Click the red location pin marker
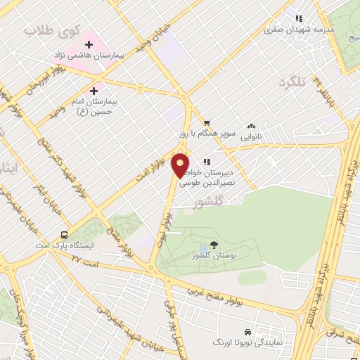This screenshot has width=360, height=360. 181,165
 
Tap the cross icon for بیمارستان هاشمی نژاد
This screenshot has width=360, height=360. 89,44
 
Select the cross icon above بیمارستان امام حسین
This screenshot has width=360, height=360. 94,91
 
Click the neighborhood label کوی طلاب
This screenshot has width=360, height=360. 44,30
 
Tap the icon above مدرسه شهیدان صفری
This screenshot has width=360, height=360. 298,19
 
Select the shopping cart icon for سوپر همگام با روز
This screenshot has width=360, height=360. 206,122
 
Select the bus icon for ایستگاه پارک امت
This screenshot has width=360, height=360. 65,236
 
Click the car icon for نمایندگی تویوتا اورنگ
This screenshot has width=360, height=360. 247,331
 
